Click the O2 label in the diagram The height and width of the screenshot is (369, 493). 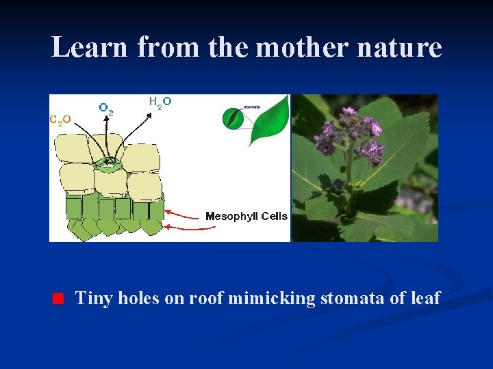(106, 108)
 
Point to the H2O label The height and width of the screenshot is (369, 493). (160, 102)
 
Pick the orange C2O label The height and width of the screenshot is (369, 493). (60, 120)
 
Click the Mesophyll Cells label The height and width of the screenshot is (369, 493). (246, 217)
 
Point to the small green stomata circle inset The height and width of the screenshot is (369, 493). (233, 118)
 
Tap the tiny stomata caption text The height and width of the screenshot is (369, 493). (252, 107)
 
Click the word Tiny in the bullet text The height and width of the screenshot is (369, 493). (94, 298)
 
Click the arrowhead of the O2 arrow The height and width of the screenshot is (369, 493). (107, 117)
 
